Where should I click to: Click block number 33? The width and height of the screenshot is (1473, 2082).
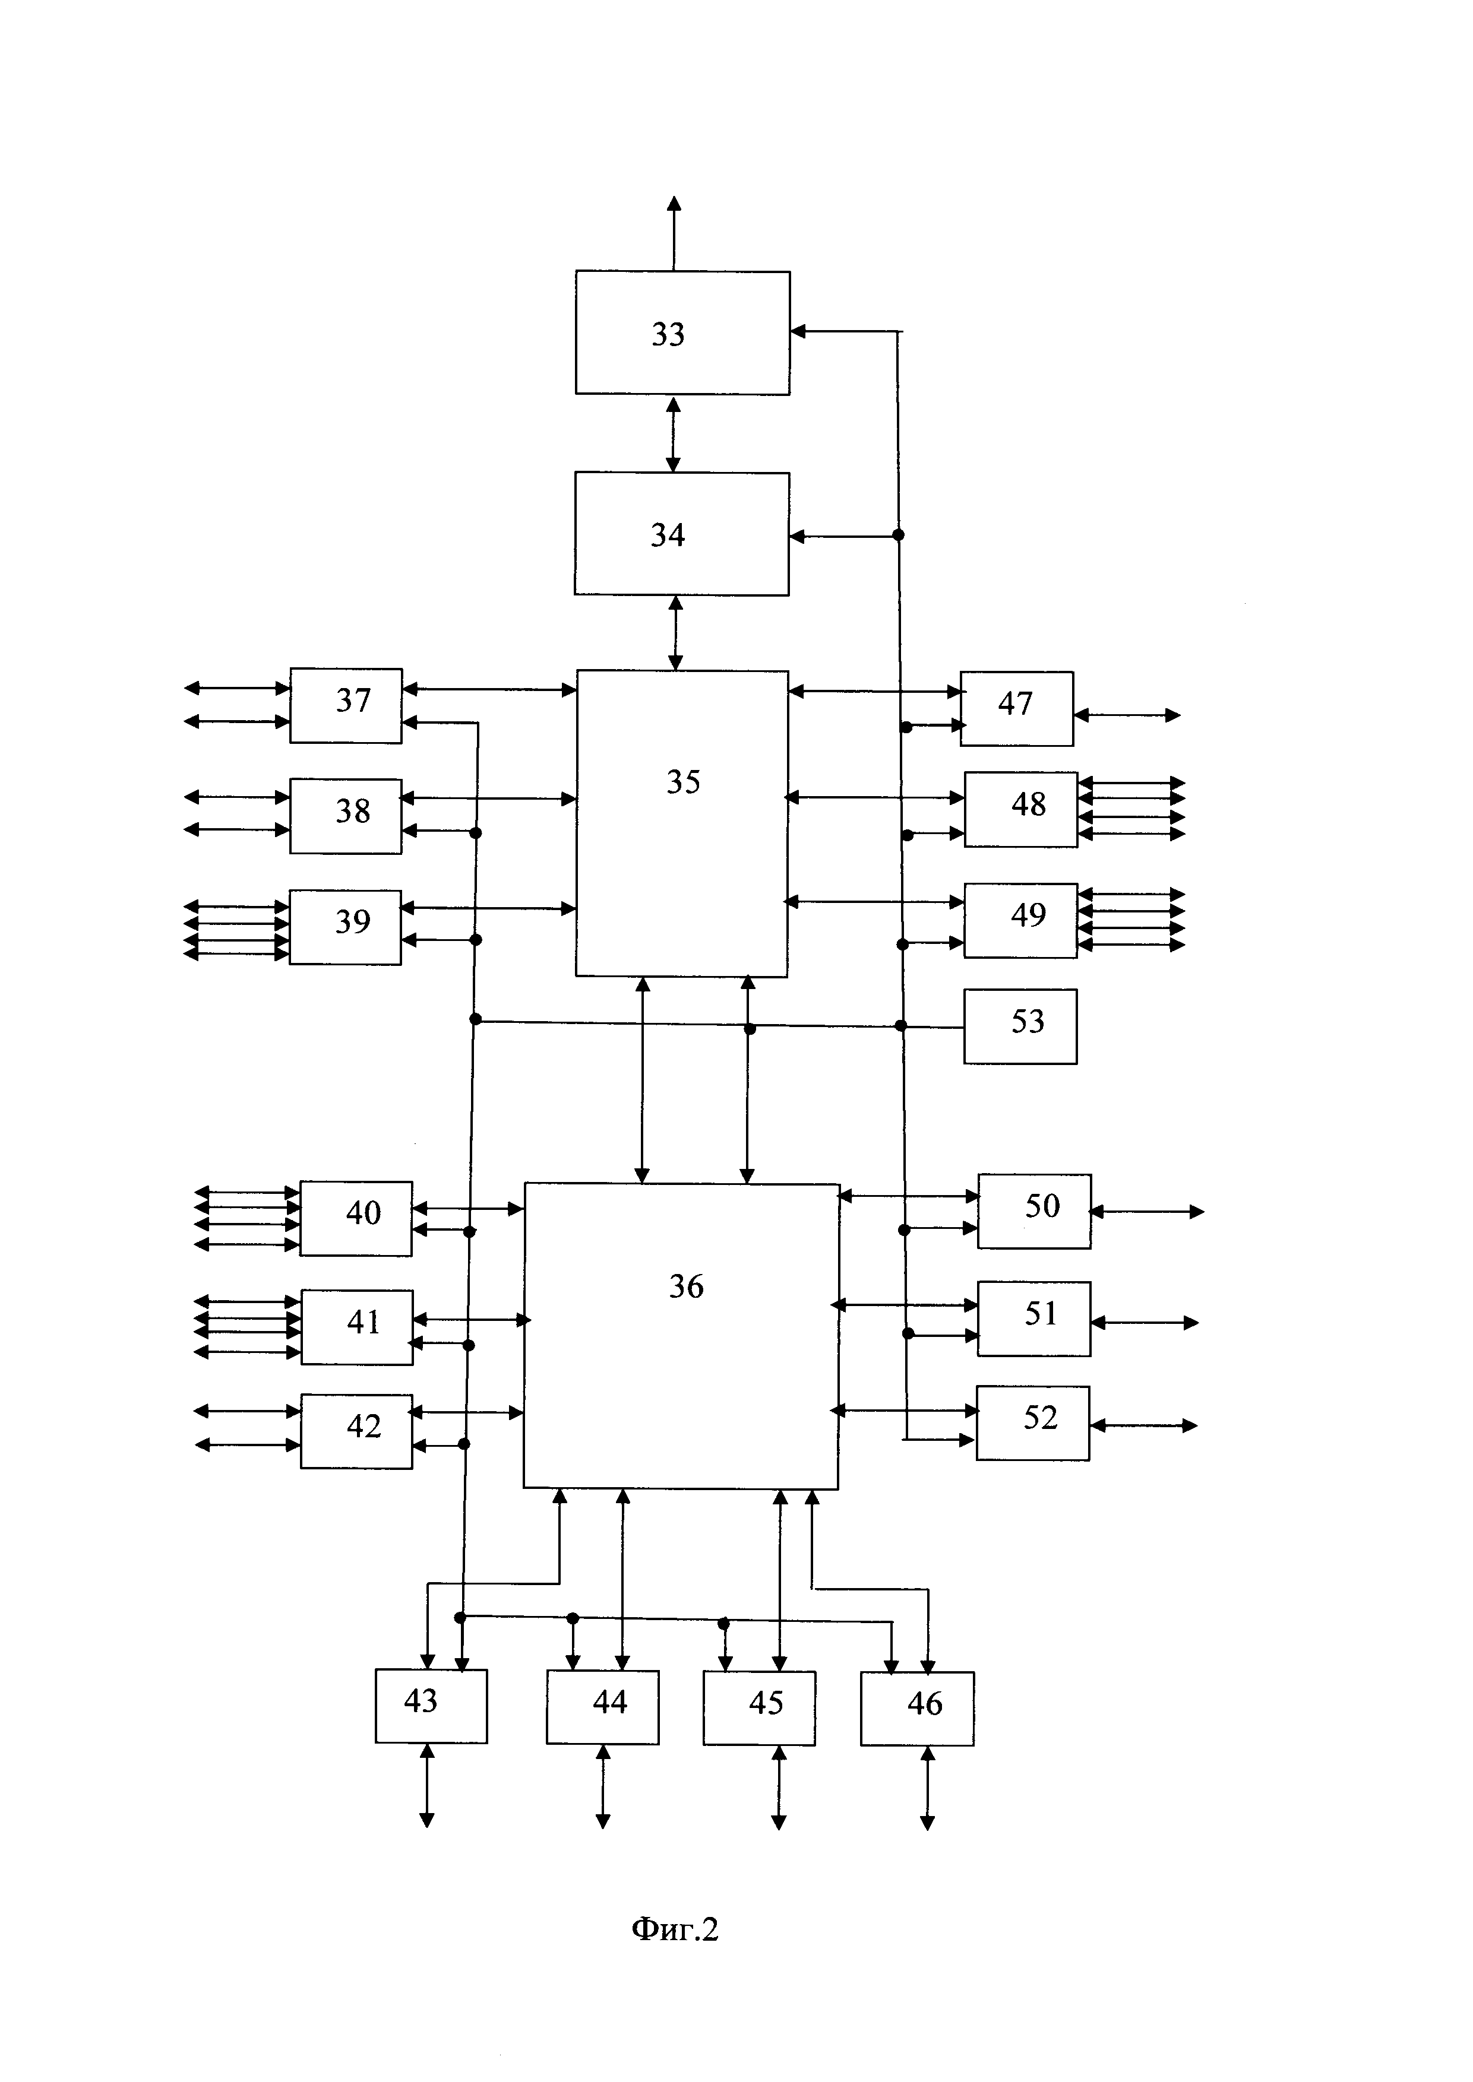click(682, 333)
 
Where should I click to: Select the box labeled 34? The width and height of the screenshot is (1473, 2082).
click(681, 534)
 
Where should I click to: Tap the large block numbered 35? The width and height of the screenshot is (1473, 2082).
click(681, 823)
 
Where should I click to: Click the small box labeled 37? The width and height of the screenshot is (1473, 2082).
click(346, 705)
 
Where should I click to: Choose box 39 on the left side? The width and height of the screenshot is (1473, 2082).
click(344, 927)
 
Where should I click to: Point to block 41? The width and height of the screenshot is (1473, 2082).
click(356, 1327)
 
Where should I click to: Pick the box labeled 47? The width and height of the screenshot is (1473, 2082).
click(1017, 708)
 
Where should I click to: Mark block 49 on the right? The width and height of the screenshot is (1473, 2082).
click(1020, 920)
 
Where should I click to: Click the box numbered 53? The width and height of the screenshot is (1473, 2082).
click(1020, 1026)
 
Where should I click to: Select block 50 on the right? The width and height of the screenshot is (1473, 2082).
click(1034, 1210)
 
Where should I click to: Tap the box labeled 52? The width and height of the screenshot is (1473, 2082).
click(1032, 1423)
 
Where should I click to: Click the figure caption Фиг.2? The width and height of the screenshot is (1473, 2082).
click(675, 1929)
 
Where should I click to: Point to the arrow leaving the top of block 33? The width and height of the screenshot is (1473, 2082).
click(674, 233)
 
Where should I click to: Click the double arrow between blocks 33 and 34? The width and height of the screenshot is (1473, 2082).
click(673, 433)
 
